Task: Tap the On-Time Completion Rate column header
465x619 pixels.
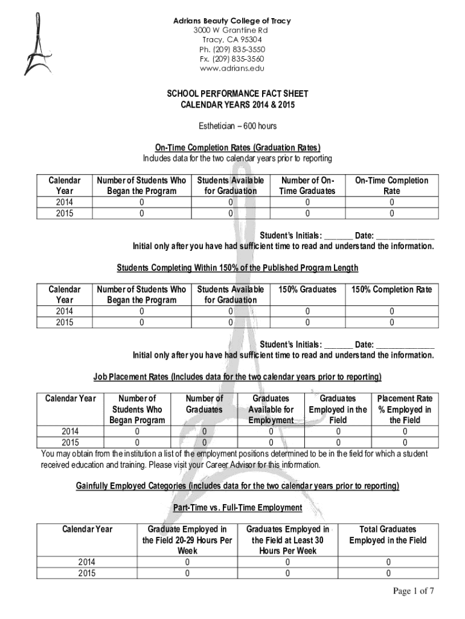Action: [391, 186]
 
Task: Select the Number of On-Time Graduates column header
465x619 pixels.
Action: [307, 186]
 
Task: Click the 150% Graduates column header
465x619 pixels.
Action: [307, 290]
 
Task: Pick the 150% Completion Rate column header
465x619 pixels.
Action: [391, 290]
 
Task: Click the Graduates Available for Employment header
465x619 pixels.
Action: [271, 409]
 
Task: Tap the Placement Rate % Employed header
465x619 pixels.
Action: [404, 409]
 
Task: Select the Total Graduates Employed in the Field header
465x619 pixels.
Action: [388, 534]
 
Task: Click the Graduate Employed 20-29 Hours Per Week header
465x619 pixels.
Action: [187, 540]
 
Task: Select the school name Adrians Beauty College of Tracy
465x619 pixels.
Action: [232, 21]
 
